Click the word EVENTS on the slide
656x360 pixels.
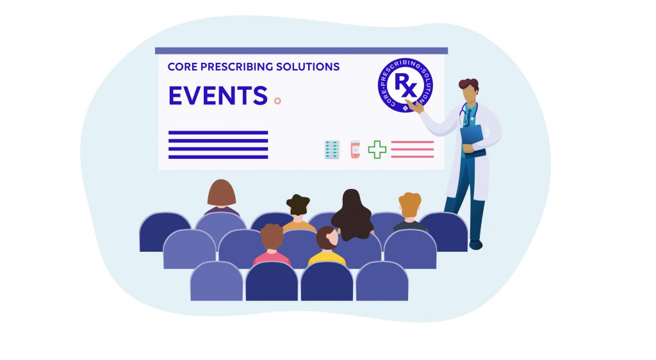coord(218,95)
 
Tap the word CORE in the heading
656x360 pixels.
coord(181,67)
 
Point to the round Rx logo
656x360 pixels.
coord(405,85)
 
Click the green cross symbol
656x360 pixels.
coord(377,149)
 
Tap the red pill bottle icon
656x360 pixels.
coord(355,149)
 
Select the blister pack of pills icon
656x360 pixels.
coord(332,149)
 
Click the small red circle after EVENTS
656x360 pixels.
coord(277,101)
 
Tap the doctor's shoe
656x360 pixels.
coord(475,244)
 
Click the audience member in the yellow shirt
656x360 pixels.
coord(327,247)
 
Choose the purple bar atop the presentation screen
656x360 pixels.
coord(301,51)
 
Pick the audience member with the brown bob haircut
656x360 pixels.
coord(222,195)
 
